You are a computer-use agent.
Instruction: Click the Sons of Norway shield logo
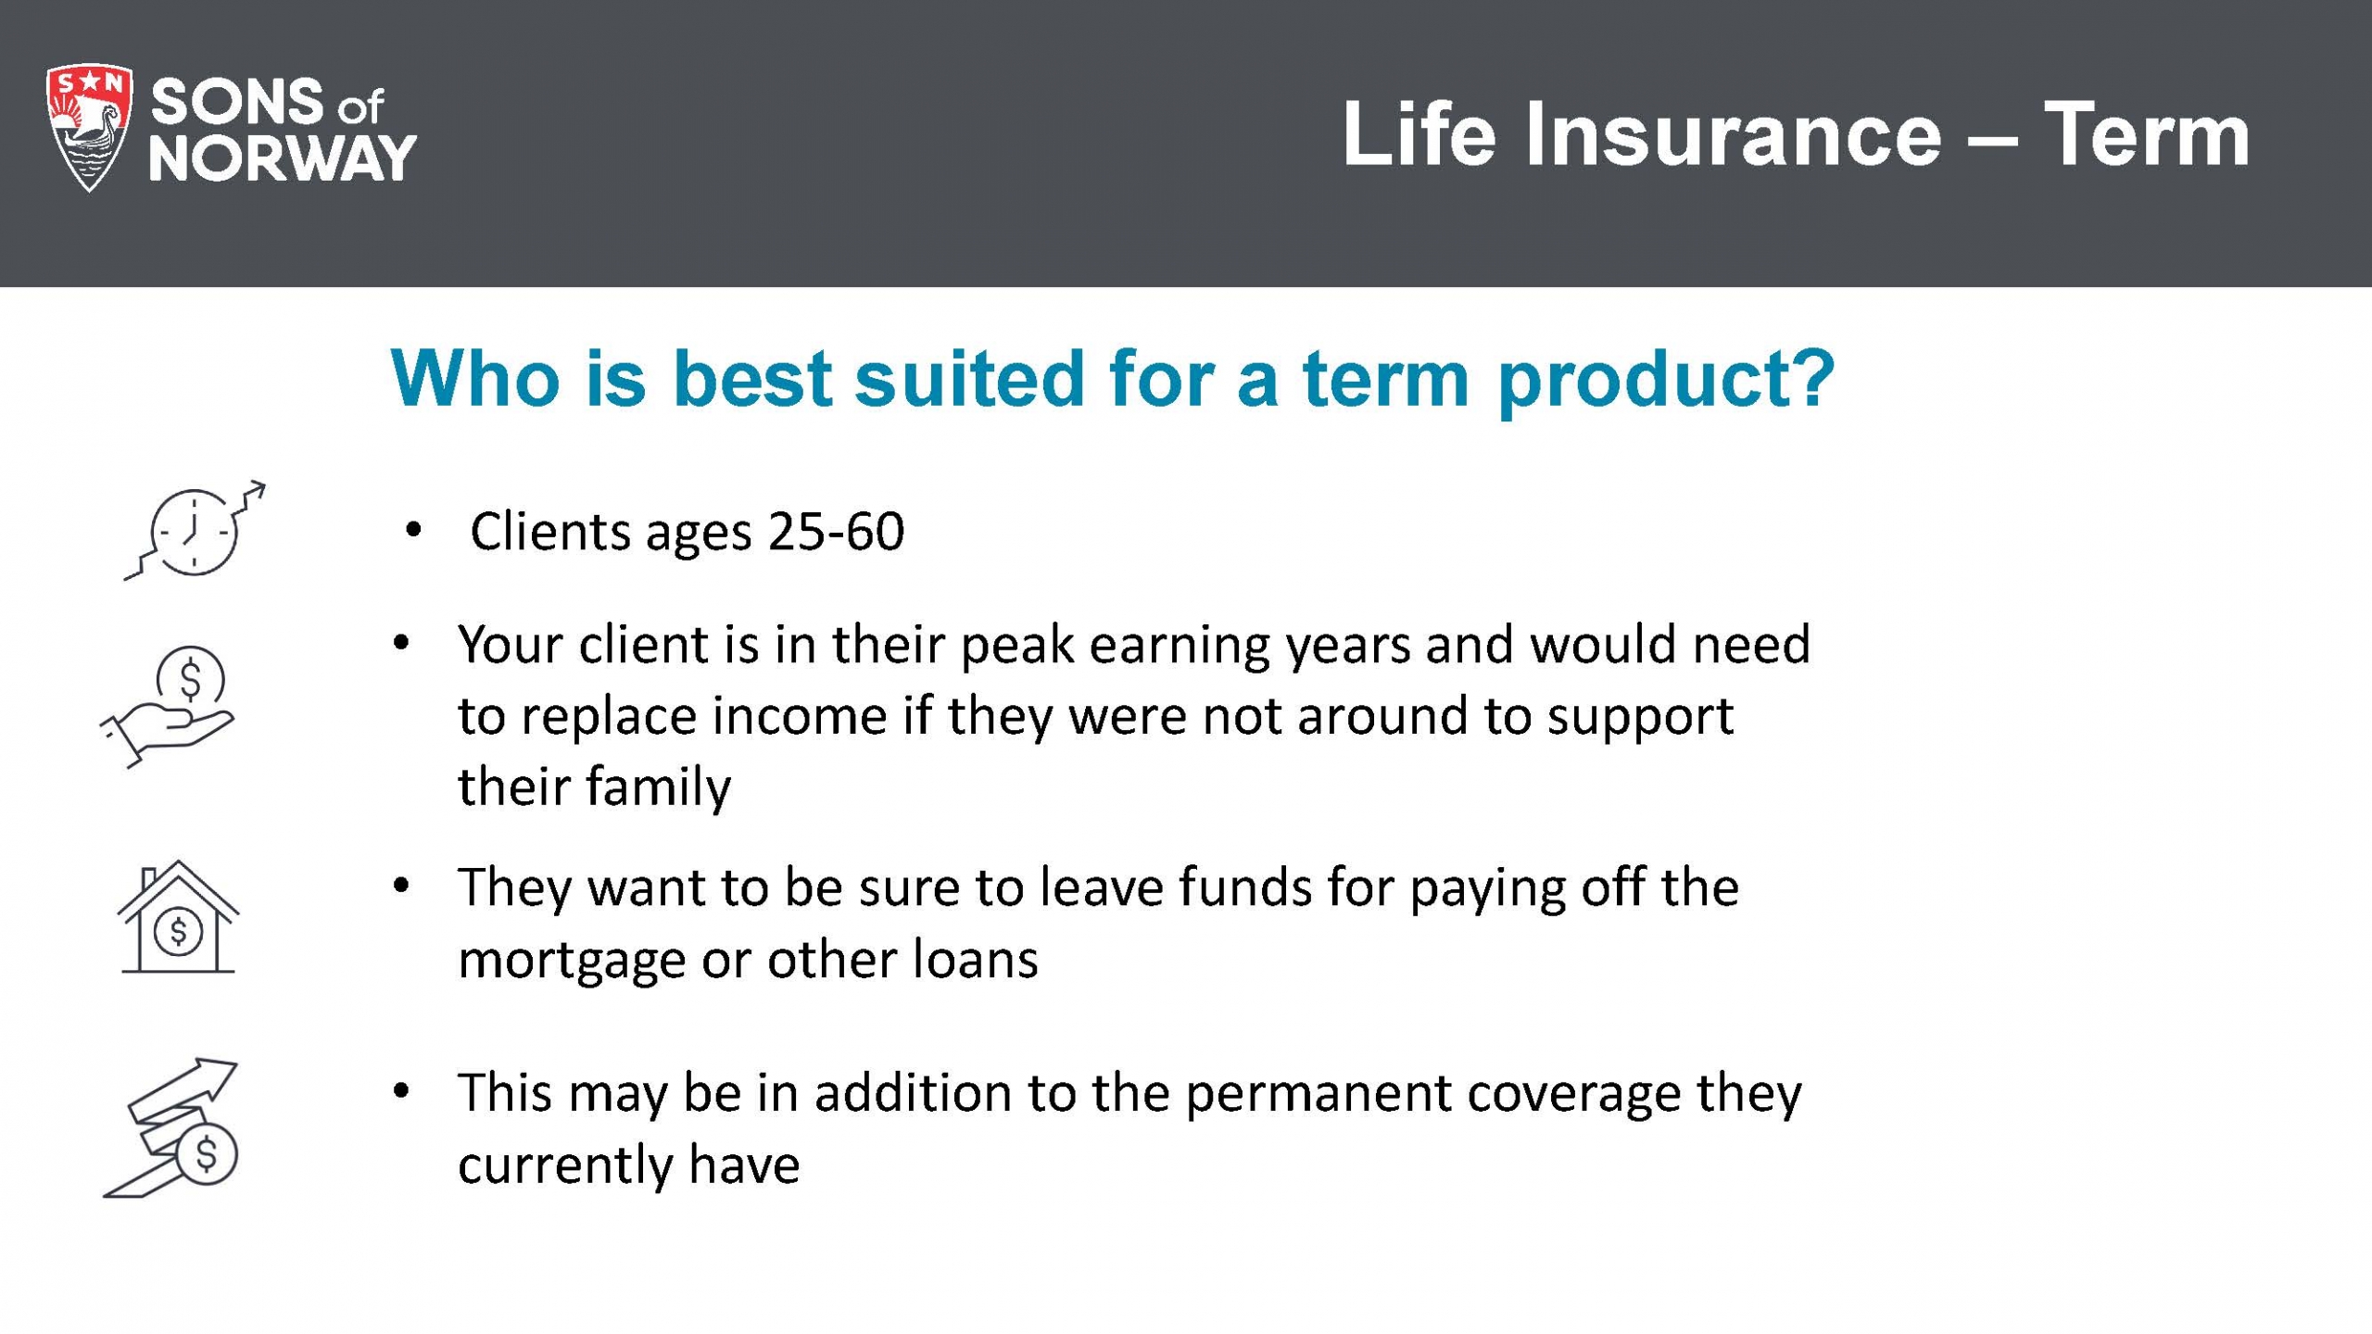click(89, 129)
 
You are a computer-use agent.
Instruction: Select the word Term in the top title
click(2147, 135)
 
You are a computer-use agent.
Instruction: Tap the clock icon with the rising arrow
click(195, 531)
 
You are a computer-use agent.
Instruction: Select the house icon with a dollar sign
click(178, 917)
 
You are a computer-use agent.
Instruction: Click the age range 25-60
click(836, 532)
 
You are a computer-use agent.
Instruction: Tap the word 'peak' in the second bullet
click(1016, 647)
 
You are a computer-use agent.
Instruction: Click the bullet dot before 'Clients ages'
click(413, 530)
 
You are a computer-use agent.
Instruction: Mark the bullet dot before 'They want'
click(401, 887)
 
